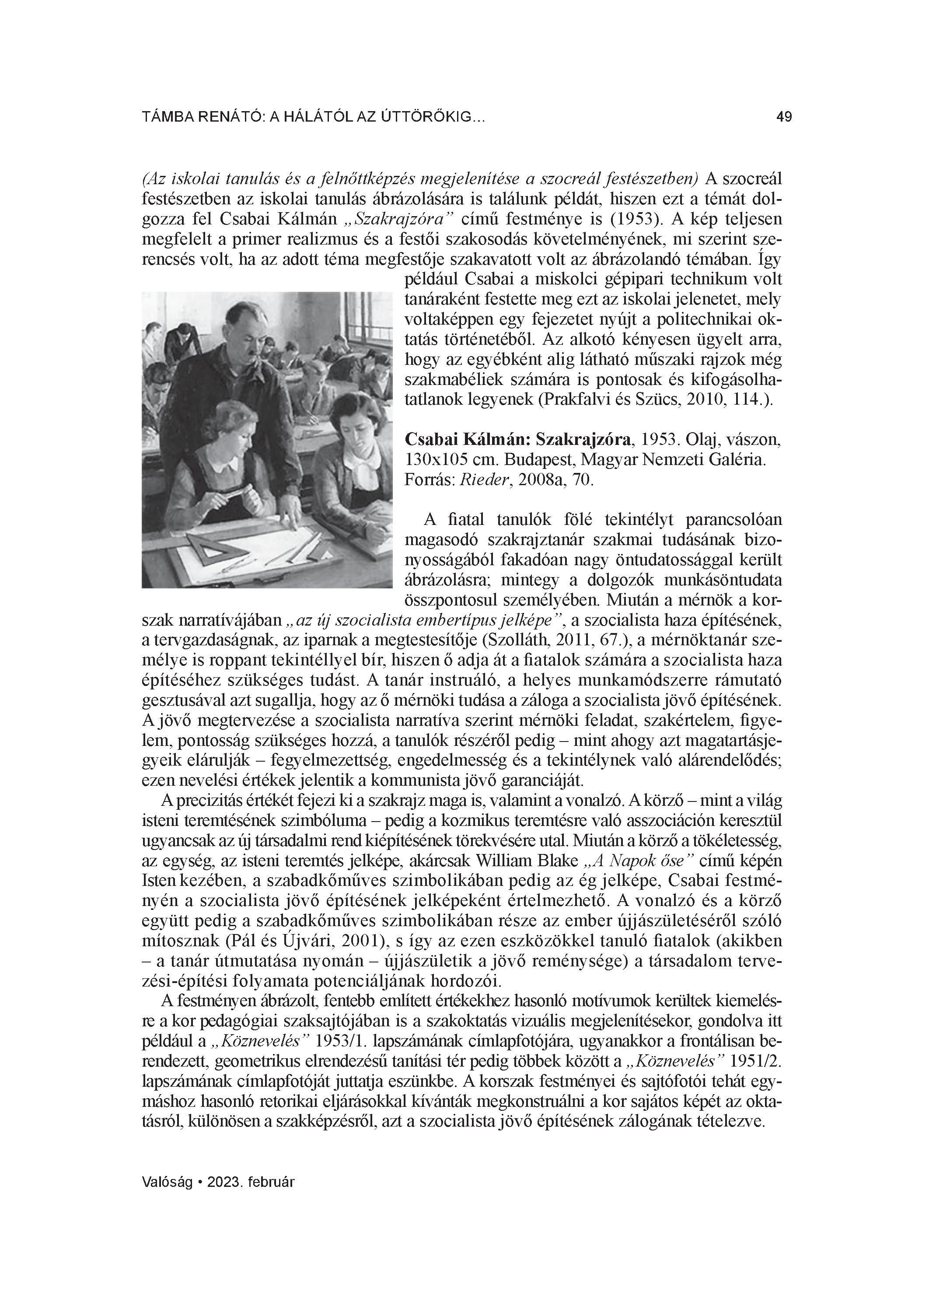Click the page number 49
click(784, 117)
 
